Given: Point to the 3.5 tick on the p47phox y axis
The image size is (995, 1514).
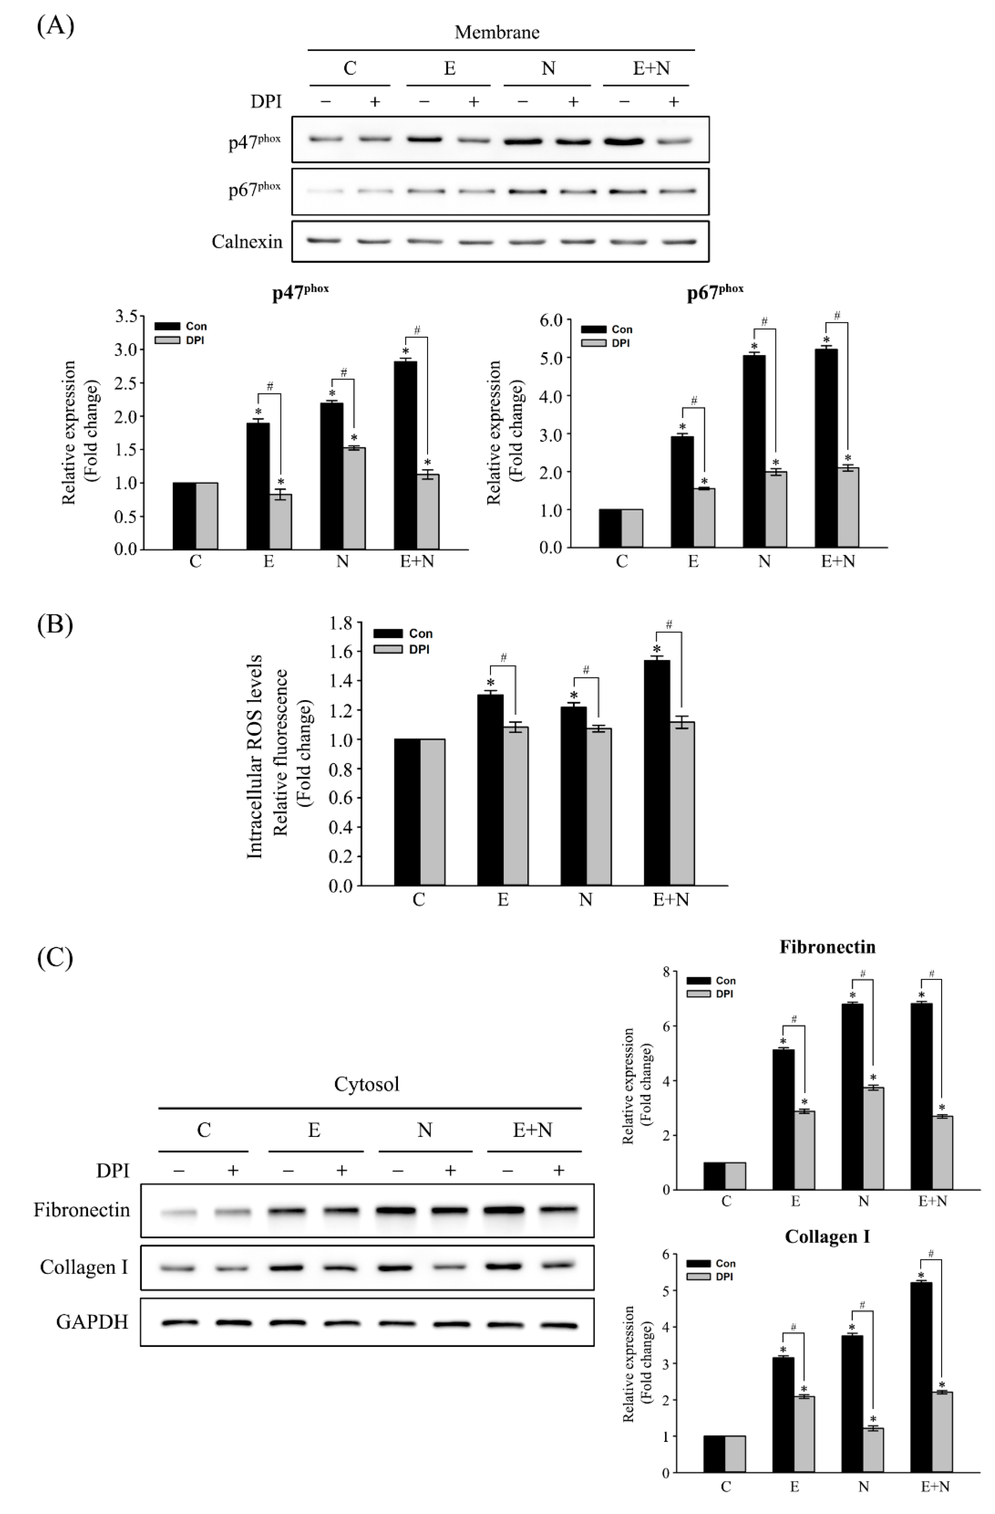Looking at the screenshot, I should (x=127, y=316).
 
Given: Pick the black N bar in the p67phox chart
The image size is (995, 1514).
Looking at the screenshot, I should (x=754, y=451).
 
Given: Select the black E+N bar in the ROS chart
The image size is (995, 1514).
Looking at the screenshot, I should (x=657, y=772).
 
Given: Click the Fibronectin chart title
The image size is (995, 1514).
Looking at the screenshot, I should (x=827, y=947).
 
